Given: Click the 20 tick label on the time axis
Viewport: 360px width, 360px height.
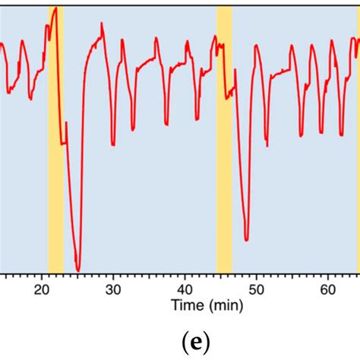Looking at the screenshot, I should point(42,289).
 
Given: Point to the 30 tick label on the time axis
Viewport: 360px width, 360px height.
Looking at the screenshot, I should point(113,289).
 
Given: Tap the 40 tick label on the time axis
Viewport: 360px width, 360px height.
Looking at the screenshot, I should point(185,289).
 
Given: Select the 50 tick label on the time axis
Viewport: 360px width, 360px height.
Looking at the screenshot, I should point(256,289).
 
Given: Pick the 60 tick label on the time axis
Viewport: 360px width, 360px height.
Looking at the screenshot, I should point(327,289).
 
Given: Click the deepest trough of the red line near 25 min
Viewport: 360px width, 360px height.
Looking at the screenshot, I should point(77,270).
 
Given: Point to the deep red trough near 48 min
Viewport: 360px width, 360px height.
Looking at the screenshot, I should point(246,240).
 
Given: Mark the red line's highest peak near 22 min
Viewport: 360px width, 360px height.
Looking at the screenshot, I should point(55,8).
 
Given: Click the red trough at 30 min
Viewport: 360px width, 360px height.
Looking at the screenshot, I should point(113,144).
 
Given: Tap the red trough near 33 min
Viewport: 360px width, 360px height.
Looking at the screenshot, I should point(133,129).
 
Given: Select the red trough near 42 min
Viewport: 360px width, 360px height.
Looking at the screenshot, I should point(198,119).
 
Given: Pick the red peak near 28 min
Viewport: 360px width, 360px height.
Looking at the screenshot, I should point(101,24).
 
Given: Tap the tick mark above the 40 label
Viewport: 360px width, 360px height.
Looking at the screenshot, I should point(185,276).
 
